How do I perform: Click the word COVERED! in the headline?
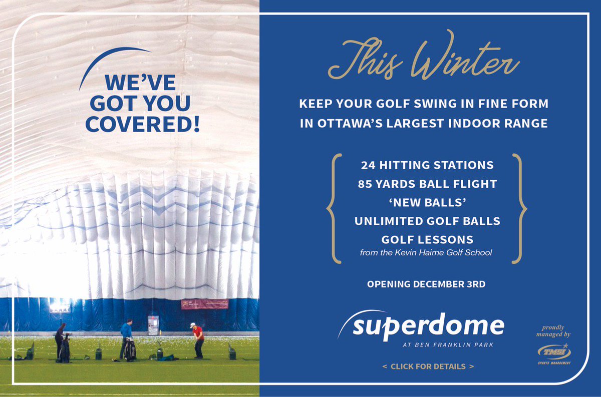(142, 125)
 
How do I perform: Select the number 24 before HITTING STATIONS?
(369, 165)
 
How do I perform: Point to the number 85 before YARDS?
(366, 184)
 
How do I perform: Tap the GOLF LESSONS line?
(427, 239)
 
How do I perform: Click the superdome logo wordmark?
(428, 326)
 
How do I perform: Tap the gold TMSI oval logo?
(553, 351)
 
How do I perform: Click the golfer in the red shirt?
(198, 339)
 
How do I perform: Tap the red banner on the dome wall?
(204, 304)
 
